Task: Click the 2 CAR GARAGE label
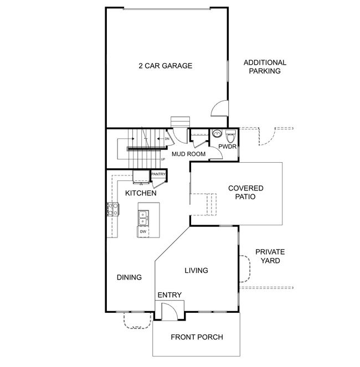tap(166, 66)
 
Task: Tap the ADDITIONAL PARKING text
tap(265, 67)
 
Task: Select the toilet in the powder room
tap(230, 136)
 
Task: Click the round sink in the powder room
tap(217, 133)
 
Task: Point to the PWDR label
tap(227, 147)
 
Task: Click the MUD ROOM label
tap(188, 154)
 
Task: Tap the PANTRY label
tap(158, 174)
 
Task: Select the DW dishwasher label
tap(143, 232)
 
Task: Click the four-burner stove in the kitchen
tap(113, 209)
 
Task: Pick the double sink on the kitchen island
tap(143, 218)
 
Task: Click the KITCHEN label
tap(141, 193)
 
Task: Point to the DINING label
tap(129, 277)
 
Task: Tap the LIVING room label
tap(196, 270)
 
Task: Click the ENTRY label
tap(169, 295)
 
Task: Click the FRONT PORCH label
tap(197, 337)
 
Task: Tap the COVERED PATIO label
tap(245, 193)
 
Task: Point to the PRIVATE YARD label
tap(270, 256)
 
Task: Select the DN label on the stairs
tap(167, 139)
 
